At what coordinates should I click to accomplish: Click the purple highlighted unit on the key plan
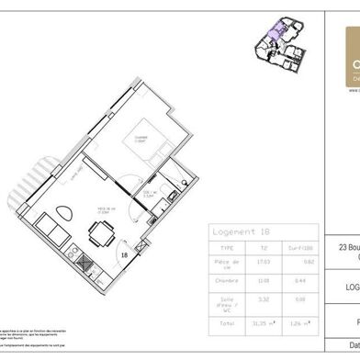click(273, 39)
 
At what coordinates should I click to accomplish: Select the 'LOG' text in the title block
click(350, 286)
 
